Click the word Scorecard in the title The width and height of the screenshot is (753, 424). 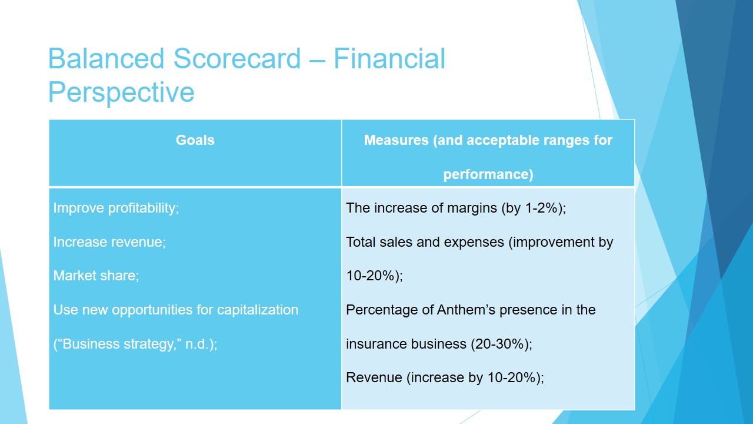pyautogui.click(x=236, y=58)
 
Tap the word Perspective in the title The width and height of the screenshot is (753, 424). pyautogui.click(x=121, y=92)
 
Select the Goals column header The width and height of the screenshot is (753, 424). pyautogui.click(x=195, y=140)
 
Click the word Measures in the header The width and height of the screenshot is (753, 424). pyautogui.click(x=397, y=140)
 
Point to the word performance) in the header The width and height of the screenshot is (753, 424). pyautogui.click(x=488, y=174)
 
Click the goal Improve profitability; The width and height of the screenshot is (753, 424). pyautogui.click(x=116, y=208)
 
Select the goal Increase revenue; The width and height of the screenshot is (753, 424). pyautogui.click(x=109, y=242)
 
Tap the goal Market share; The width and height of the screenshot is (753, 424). pyautogui.click(x=96, y=276)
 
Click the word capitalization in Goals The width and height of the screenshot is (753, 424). pyautogui.click(x=258, y=310)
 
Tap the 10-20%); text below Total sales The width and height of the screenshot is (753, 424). pyautogui.click(x=375, y=276)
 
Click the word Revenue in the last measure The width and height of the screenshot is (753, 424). pyautogui.click(x=374, y=377)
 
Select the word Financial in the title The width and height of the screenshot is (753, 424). pyautogui.click(x=389, y=58)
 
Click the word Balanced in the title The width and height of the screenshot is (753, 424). pyautogui.click(x=106, y=58)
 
